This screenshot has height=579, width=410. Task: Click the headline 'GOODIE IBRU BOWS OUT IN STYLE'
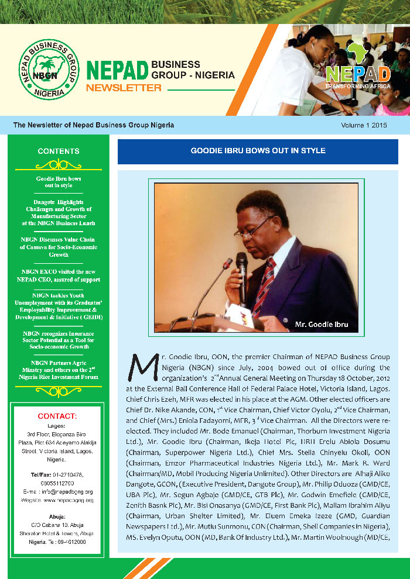coord(258,151)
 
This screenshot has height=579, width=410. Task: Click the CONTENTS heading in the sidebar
coord(59,151)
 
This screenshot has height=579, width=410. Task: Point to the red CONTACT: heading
coord(57,416)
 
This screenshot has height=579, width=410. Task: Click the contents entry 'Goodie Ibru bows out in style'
coord(59,181)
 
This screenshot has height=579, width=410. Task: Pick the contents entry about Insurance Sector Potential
coord(59,339)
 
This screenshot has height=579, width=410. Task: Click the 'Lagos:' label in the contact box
coord(57,426)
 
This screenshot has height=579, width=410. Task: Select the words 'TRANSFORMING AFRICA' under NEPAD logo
coord(358,86)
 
